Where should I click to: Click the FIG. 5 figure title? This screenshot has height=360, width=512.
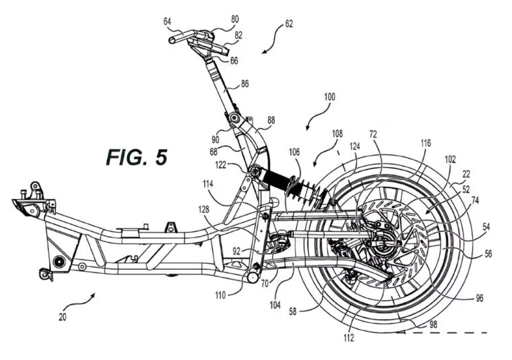pos(136,156)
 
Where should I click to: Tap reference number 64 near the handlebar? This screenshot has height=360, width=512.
pos(167,21)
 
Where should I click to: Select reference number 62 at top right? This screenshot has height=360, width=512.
pos(288,24)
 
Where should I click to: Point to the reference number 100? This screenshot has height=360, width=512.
pos(329,97)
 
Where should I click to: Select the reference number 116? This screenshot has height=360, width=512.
pos(426,144)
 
